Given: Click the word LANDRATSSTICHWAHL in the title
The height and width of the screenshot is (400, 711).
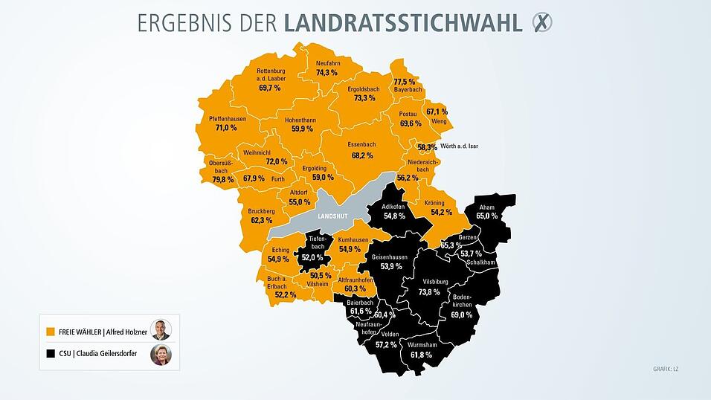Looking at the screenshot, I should pyautogui.click(x=402, y=23).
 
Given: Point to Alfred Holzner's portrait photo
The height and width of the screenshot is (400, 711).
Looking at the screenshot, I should pyautogui.click(x=161, y=330).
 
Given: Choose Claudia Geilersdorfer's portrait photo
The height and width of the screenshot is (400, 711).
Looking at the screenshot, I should pyautogui.click(x=161, y=355).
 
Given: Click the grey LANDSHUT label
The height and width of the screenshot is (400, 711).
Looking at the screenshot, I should pyautogui.click(x=332, y=216).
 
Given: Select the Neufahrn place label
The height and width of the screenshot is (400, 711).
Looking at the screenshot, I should pyautogui.click(x=328, y=63).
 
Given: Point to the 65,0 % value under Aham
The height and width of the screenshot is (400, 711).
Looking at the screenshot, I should pyautogui.click(x=487, y=216).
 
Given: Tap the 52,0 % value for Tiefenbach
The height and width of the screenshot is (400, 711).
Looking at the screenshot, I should pyautogui.click(x=312, y=257).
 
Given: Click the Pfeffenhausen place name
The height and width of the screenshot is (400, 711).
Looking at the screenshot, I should pyautogui.click(x=226, y=118).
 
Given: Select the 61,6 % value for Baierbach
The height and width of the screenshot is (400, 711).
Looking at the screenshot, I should pyautogui.click(x=361, y=311).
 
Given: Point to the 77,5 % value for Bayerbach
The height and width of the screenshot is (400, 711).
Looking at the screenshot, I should pyautogui.click(x=405, y=81).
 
